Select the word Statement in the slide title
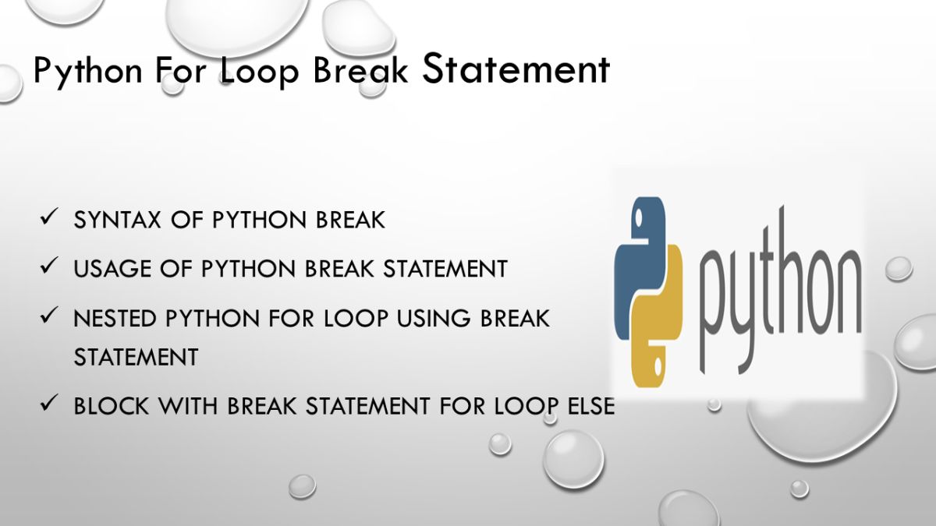(x=515, y=69)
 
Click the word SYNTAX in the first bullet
(x=114, y=221)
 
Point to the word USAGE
(x=110, y=269)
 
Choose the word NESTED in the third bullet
(x=112, y=319)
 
